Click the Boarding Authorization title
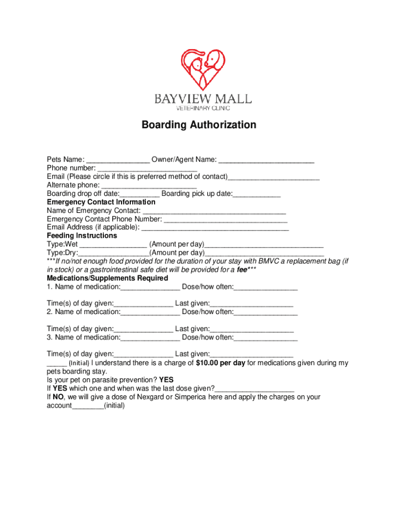(199, 125)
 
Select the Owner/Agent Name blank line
(266, 160)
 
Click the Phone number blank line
(147, 168)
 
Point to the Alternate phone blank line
(149, 185)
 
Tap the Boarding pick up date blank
(257, 194)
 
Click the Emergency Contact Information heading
(101, 202)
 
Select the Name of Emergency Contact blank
(214, 211)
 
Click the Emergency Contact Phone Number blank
(225, 219)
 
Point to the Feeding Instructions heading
(82, 236)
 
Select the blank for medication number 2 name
(150, 312)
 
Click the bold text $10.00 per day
(220, 363)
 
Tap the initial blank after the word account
(87, 406)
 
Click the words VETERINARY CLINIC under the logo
(204, 108)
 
